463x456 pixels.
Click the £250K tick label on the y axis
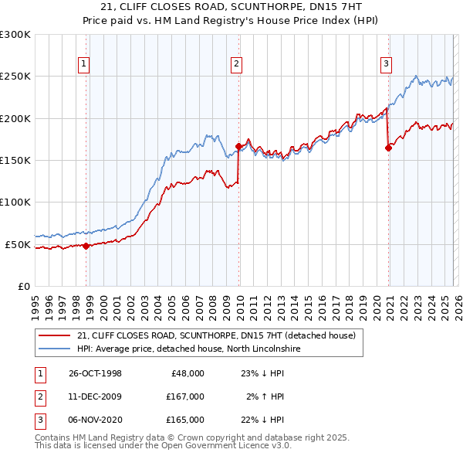[x=15, y=77]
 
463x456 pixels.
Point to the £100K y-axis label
[x=15, y=202]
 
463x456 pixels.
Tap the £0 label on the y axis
[x=24, y=286]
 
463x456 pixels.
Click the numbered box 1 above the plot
[x=83, y=64]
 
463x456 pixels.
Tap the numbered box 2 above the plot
[x=236, y=64]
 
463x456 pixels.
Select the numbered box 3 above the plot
[x=386, y=64]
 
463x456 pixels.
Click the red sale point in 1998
[x=86, y=246]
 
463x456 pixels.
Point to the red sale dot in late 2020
[x=388, y=148]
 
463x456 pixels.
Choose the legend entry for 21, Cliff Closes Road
[x=216, y=335]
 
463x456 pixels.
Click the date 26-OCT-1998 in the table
[x=95, y=373]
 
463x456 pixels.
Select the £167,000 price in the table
[x=184, y=396]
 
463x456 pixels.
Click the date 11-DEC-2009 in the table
[x=95, y=396]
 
